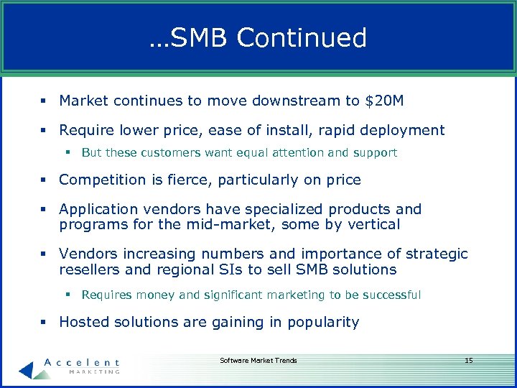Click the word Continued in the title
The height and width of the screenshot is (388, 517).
click(x=302, y=38)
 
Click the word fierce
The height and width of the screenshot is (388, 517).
click(x=206, y=180)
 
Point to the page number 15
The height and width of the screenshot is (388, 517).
click(x=468, y=360)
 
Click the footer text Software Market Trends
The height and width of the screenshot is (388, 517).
click(x=258, y=360)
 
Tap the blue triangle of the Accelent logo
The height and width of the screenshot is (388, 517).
click(x=26, y=369)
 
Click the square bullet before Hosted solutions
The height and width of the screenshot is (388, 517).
click(x=45, y=322)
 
